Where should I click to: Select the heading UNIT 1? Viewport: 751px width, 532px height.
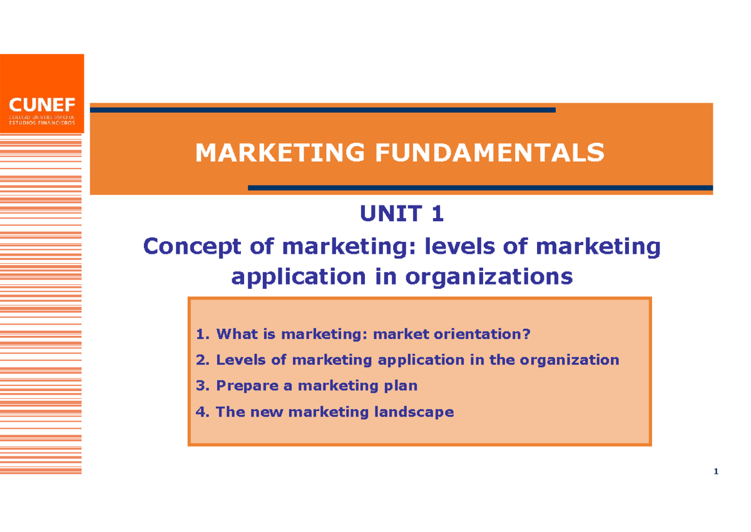click(x=401, y=214)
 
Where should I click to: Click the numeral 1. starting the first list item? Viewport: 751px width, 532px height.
click(x=203, y=335)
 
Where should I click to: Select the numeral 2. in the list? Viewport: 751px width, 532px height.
click(x=203, y=360)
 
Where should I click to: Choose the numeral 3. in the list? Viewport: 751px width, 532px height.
click(x=203, y=386)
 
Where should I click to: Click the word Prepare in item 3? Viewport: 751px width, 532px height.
click(x=247, y=386)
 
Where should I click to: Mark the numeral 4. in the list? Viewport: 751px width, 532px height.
click(x=203, y=412)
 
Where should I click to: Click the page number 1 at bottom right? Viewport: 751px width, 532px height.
click(x=716, y=472)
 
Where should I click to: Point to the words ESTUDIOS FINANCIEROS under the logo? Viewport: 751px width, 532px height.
click(x=42, y=122)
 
